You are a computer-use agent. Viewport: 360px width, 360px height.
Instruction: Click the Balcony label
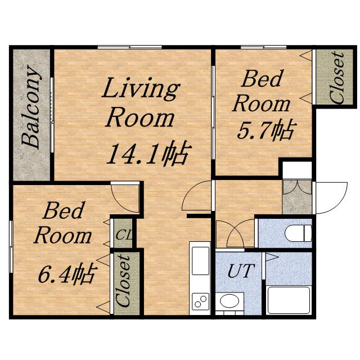[x=31, y=107]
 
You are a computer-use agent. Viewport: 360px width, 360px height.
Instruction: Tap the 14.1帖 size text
[x=148, y=153]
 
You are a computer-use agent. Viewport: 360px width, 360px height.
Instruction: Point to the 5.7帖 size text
[x=265, y=130]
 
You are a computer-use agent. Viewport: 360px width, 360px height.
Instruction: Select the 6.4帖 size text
[x=66, y=273]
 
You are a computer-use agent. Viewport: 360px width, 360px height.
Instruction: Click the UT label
[x=241, y=271]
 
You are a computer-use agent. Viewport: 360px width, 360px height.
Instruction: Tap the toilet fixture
[x=298, y=233]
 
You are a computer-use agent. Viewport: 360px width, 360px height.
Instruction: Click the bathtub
[x=289, y=300]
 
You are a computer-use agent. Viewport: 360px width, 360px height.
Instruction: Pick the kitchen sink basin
[x=200, y=260]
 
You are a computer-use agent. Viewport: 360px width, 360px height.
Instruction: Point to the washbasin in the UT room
[x=229, y=301]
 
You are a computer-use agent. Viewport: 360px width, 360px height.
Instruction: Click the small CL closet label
[x=124, y=235]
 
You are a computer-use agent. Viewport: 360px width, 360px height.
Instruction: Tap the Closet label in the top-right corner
[x=336, y=78]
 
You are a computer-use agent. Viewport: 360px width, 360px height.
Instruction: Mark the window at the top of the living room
[x=130, y=47]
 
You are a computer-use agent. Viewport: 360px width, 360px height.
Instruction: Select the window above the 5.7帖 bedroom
[x=263, y=47]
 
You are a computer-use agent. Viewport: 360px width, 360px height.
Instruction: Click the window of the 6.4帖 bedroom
[x=11, y=246]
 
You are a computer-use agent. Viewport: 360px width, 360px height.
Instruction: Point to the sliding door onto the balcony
[x=52, y=115]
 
